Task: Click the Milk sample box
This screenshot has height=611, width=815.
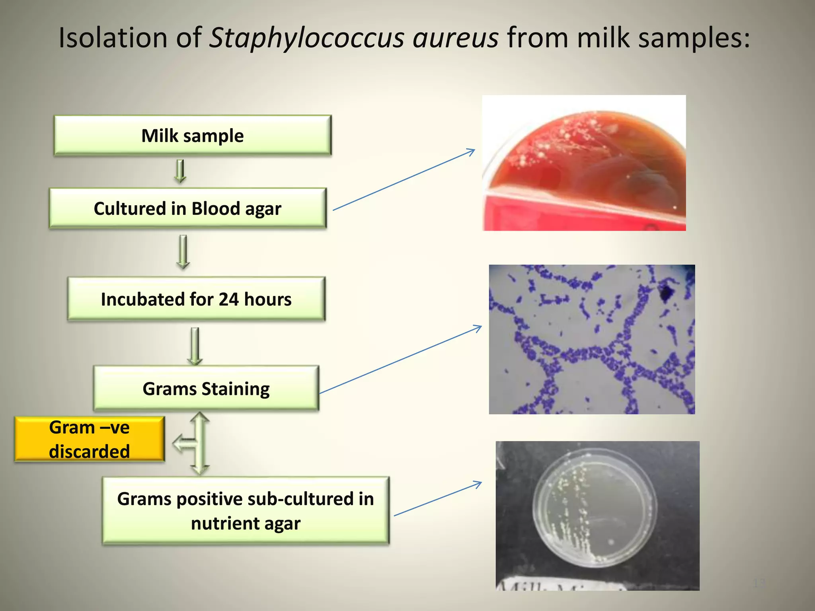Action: pyautogui.click(x=193, y=135)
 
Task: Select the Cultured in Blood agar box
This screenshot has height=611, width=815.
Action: pyautogui.click(x=187, y=208)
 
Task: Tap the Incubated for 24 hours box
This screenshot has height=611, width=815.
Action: pyautogui.click(x=196, y=299)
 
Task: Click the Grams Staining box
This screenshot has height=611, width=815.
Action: pyautogui.click(x=206, y=388)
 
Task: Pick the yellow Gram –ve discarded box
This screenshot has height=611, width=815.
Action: pyautogui.click(x=90, y=439)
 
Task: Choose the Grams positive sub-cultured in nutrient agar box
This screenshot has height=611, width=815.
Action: pyautogui.click(x=246, y=511)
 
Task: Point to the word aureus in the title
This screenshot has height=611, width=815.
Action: pyautogui.click(x=455, y=38)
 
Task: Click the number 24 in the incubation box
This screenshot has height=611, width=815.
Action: pyautogui.click(x=228, y=299)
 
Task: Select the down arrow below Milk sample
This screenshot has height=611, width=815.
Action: pyautogui.click(x=180, y=171)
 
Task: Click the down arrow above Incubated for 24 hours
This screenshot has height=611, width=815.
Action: pyautogui.click(x=183, y=252)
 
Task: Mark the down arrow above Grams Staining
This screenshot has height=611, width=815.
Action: pyautogui.click(x=195, y=346)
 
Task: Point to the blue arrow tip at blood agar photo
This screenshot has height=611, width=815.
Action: pyautogui.click(x=474, y=150)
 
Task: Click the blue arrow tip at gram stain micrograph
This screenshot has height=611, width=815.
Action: pyautogui.click(x=481, y=327)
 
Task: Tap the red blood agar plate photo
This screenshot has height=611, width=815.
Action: pyautogui.click(x=584, y=163)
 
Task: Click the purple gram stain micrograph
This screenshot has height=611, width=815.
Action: pyautogui.click(x=592, y=339)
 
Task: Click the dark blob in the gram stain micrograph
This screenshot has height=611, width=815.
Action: pyautogui.click(x=666, y=293)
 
